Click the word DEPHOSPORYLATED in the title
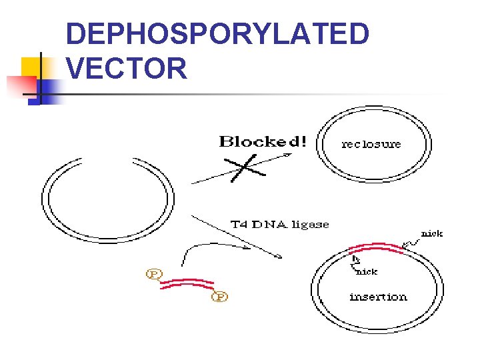[218, 34]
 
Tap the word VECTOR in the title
[127, 68]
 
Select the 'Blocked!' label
[263, 141]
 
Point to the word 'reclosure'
[371, 143]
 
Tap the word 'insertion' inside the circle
[378, 297]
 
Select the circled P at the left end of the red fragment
[154, 274]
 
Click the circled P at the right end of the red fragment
[219, 296]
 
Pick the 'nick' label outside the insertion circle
[431, 233]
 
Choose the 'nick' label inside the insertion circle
[367, 271]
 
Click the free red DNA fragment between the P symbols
[187, 284]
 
